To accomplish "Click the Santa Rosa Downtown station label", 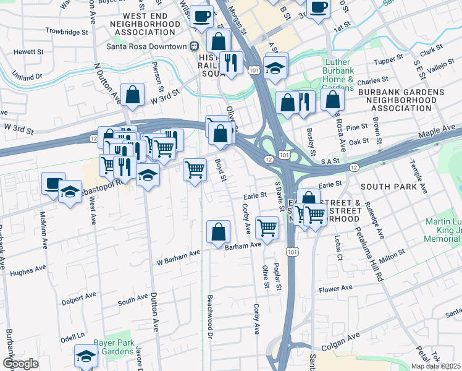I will coord(146,46).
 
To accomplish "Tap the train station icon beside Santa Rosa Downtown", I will coord(194,46).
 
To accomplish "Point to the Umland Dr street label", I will coord(22,76).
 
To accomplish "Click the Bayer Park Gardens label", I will coord(113,347).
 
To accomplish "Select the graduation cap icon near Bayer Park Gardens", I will coord(85,356).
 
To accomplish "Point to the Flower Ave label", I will coord(335,288).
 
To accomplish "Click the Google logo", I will coord(20,364).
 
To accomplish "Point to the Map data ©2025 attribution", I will coord(436,366).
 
